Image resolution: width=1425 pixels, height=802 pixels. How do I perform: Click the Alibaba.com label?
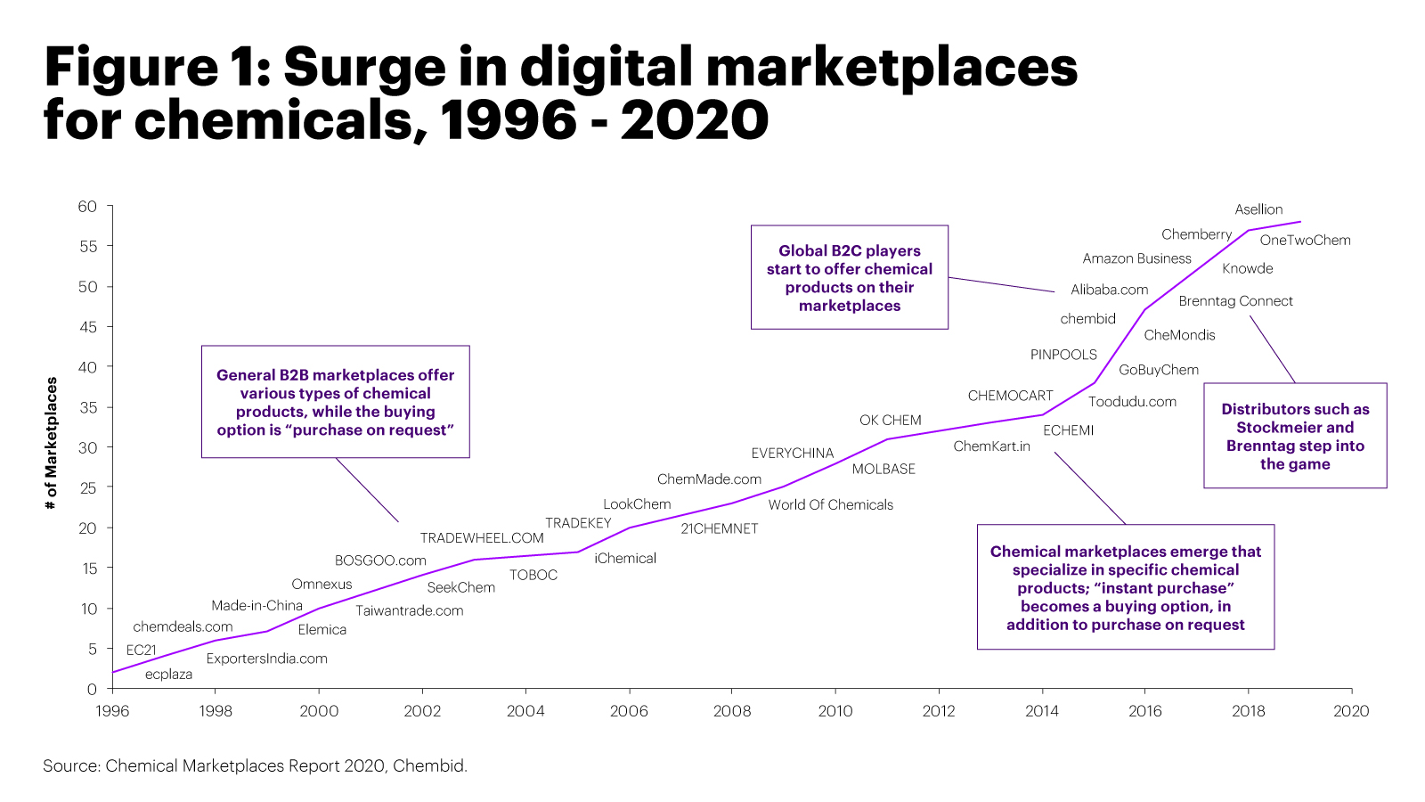click(x=1109, y=290)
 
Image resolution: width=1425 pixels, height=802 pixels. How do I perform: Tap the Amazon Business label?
click(x=1136, y=258)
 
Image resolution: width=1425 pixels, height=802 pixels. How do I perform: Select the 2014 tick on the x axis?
click(x=1041, y=710)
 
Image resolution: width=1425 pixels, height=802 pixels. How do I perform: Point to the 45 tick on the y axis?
click(x=87, y=327)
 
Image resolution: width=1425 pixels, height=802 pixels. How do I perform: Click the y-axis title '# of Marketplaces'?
click(x=52, y=443)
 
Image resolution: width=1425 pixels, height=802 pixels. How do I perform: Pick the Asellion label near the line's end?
click(x=1258, y=209)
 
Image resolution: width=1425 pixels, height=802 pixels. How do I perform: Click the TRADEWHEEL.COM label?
click(x=481, y=538)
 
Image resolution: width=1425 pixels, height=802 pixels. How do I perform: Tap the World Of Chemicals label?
click(x=830, y=504)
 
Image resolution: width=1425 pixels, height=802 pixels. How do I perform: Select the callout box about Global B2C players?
click(x=849, y=277)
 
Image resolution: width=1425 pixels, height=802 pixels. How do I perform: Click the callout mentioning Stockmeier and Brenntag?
click(x=1294, y=436)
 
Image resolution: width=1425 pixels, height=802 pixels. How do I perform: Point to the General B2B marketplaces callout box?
click(x=335, y=402)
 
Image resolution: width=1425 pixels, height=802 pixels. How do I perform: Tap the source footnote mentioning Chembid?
click(x=255, y=765)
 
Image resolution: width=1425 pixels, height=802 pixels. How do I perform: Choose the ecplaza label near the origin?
click(x=168, y=675)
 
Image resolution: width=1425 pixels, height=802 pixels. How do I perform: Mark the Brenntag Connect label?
click(x=1234, y=301)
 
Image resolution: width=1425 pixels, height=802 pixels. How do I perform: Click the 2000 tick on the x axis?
click(x=318, y=710)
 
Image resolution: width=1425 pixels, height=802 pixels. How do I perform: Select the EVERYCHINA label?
click(x=792, y=454)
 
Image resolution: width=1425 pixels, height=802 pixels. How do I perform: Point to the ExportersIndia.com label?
click(x=266, y=659)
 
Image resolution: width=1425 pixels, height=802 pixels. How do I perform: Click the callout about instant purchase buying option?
click(x=1125, y=587)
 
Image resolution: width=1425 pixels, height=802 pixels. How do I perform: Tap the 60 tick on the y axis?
click(x=87, y=207)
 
